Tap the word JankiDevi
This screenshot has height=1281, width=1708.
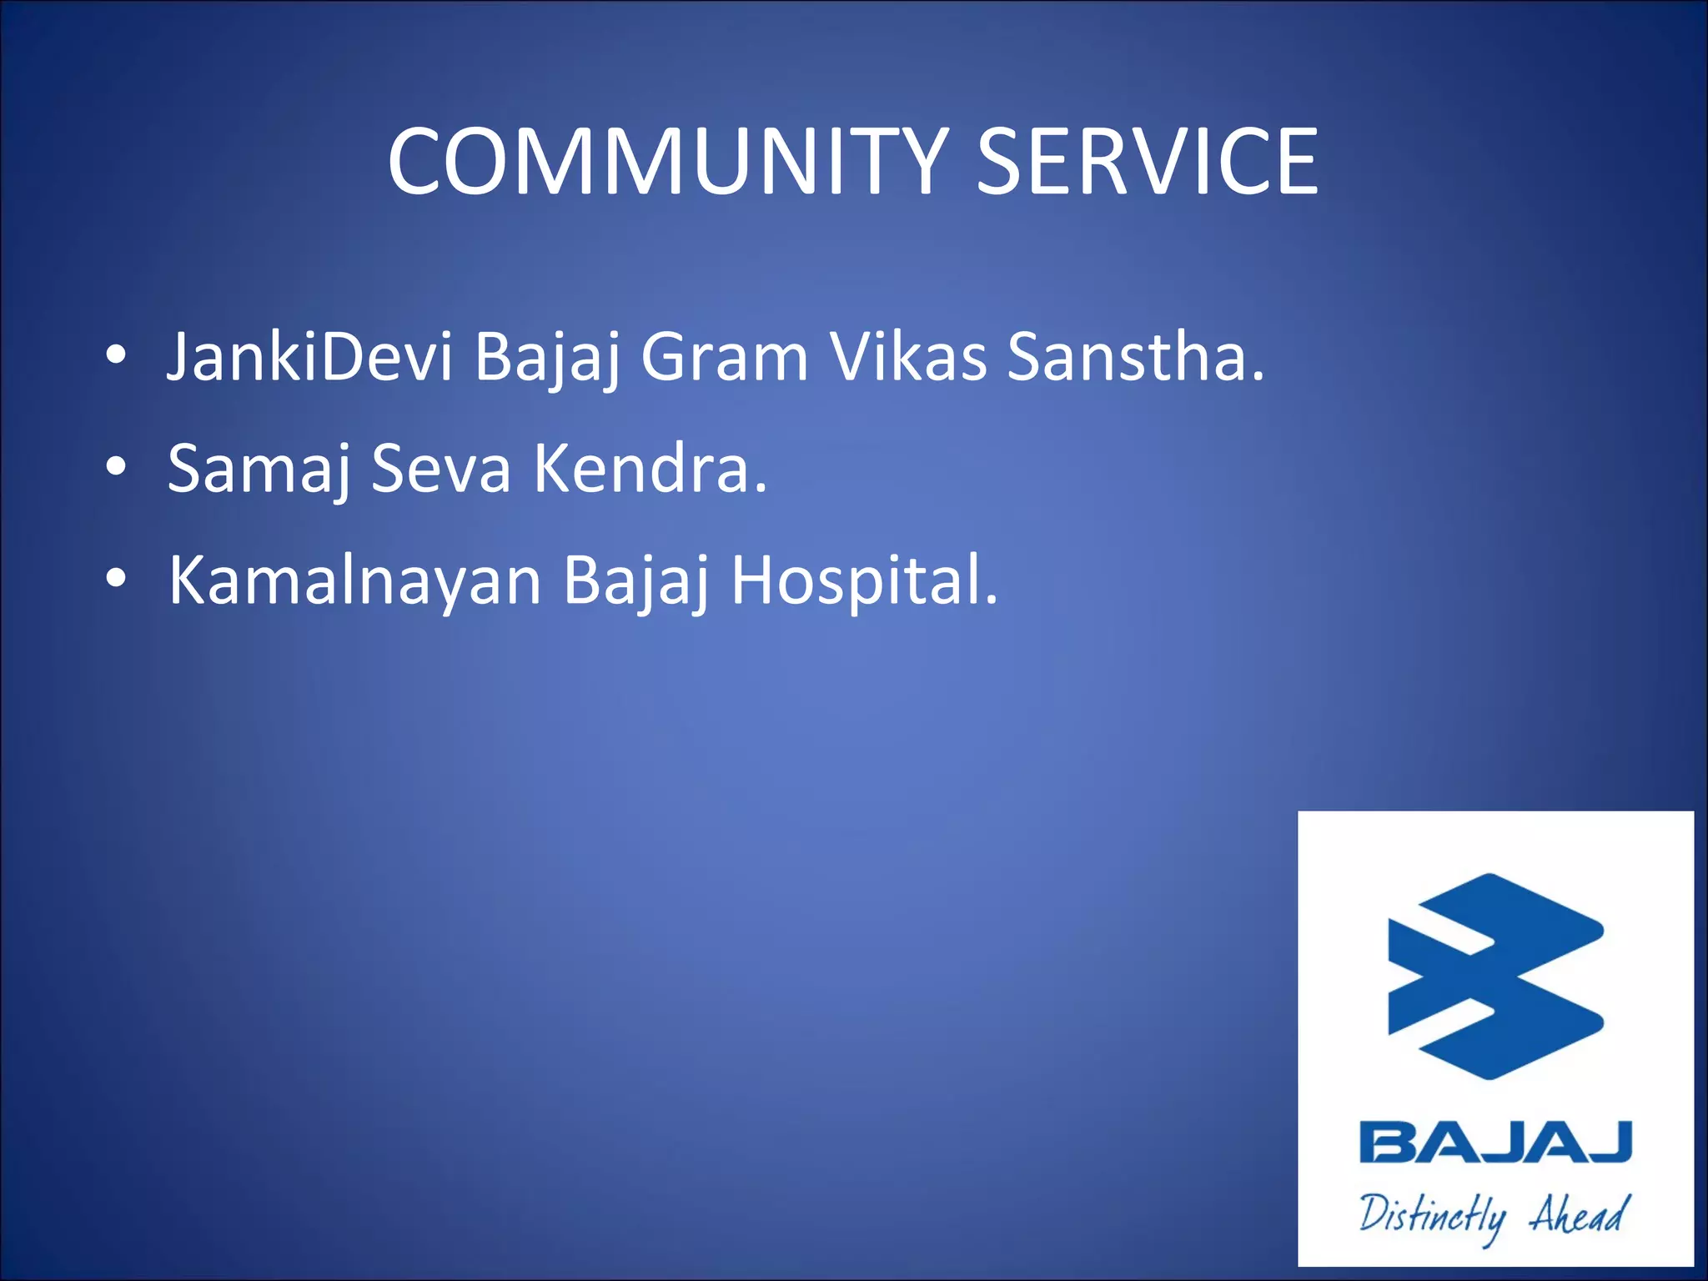point(309,357)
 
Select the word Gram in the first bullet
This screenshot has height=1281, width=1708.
point(724,357)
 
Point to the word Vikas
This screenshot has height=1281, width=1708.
point(908,357)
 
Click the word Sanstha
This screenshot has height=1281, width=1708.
point(1134,357)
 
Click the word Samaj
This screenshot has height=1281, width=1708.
point(259,470)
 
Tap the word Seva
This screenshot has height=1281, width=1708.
point(440,470)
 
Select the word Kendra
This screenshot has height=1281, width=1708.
point(649,470)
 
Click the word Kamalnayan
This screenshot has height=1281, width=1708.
point(355,581)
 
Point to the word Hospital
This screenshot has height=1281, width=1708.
point(863,581)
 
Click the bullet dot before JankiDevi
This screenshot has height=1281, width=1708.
point(117,356)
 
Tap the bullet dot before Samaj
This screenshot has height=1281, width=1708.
point(117,468)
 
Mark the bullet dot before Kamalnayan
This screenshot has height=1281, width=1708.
point(117,579)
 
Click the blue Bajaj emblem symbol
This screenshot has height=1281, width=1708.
point(1494,976)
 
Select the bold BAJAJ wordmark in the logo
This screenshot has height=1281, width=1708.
point(1494,1143)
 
